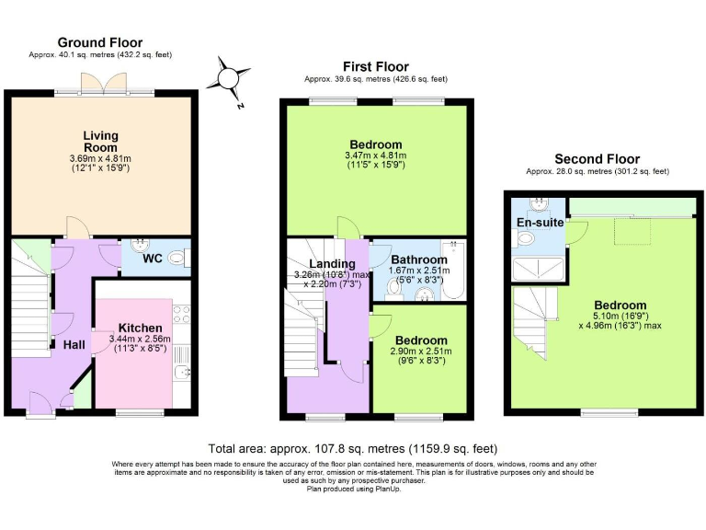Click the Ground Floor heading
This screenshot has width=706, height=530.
coord(100,42)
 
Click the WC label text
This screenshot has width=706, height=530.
coord(153,259)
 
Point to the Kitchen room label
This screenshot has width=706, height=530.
coord(141,328)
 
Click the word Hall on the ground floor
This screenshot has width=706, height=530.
coord(74,344)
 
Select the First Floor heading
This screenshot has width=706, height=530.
coord(375,66)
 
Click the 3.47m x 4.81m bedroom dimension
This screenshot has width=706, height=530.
coord(375,156)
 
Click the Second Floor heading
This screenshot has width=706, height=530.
coord(596,159)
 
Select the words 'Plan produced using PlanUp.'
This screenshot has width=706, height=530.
coord(353,489)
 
